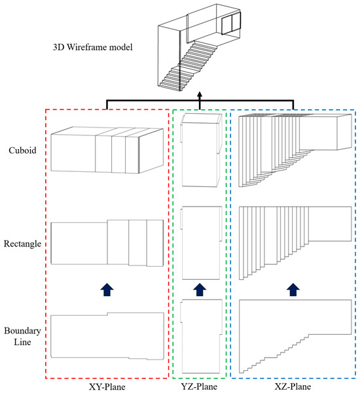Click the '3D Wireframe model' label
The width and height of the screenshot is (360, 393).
[x=92, y=47]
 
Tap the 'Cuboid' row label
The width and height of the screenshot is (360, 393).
[x=22, y=150]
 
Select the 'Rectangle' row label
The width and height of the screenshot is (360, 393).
[x=22, y=244]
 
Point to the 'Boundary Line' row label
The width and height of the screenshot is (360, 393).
[x=22, y=336]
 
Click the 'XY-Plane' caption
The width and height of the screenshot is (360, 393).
[x=107, y=386]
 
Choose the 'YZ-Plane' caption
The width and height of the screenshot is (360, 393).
[x=199, y=386]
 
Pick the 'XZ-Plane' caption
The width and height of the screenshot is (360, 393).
[x=293, y=386]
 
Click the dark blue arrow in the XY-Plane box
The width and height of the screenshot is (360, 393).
[x=107, y=290]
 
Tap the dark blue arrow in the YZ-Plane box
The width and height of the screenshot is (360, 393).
[x=200, y=290]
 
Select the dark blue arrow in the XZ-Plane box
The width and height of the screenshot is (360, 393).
[x=293, y=290]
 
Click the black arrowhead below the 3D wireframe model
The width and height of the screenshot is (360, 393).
[x=200, y=95]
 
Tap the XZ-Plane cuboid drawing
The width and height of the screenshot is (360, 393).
[x=239, y=150]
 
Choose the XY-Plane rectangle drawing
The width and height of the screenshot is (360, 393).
[x=51, y=243]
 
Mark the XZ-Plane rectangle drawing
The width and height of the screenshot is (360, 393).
[x=240, y=243]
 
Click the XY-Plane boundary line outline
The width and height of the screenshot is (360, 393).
[x=51, y=336]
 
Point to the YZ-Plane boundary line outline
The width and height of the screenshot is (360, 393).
[x=183, y=351]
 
